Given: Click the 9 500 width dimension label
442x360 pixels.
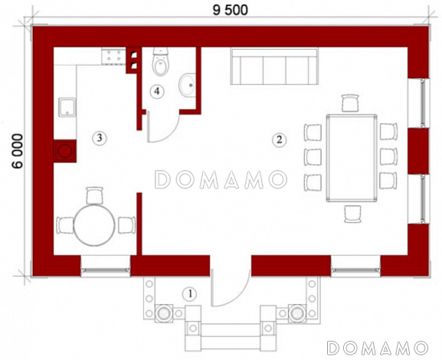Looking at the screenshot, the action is [x=231, y=10].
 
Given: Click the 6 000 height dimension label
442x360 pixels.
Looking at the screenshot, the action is [x=18, y=152].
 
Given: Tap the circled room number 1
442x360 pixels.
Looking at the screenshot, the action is [x=190, y=294].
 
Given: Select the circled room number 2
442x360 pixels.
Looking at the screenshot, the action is [x=279, y=139].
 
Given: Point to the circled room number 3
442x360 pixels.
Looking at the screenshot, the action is [x=100, y=138].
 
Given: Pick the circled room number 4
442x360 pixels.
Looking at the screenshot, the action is [x=157, y=91].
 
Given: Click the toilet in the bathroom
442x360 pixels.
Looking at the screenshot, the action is [x=161, y=62].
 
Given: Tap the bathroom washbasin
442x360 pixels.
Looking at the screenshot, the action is [x=187, y=85].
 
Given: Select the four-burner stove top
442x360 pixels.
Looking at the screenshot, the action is [x=113, y=56].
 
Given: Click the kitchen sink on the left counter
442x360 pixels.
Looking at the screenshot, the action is [x=67, y=107].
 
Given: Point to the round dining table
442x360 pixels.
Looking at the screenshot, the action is [x=94, y=225].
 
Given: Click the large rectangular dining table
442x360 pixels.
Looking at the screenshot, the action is [x=352, y=158].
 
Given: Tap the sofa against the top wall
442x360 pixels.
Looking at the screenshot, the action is [x=274, y=67].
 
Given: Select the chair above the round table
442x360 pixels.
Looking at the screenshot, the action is [x=94, y=195].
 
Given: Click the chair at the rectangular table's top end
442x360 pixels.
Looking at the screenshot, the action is [x=350, y=103].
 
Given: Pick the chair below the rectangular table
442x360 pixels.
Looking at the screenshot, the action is [x=352, y=214].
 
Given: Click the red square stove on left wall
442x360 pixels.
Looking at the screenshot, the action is [x=65, y=151].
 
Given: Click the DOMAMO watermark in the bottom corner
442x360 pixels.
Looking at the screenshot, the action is [x=378, y=348].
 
